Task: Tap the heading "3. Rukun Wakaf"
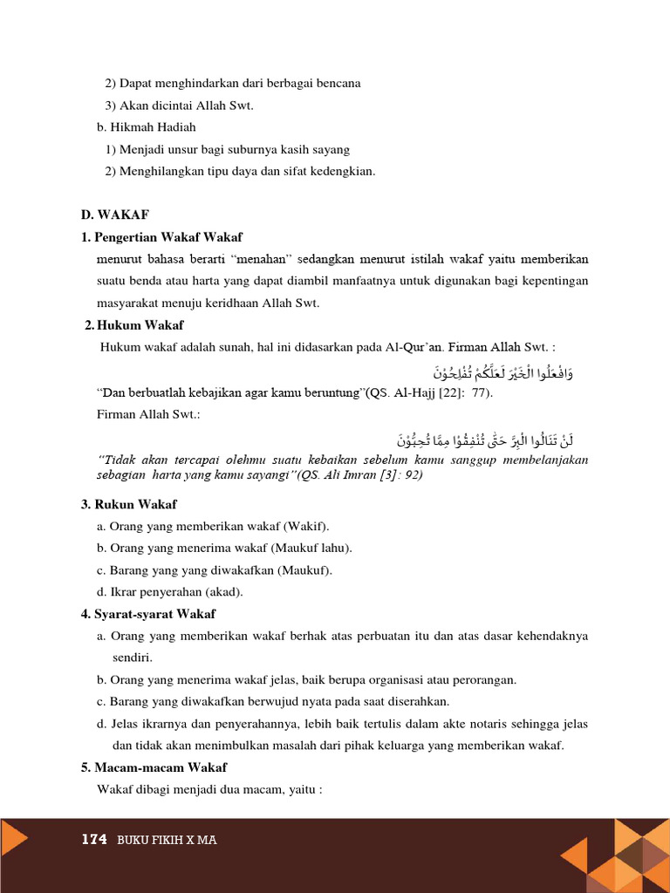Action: (x=129, y=504)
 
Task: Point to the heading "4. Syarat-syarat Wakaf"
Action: (x=148, y=614)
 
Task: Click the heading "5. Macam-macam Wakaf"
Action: (x=154, y=767)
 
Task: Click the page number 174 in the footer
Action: (x=93, y=840)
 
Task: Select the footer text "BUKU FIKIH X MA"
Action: (x=167, y=841)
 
